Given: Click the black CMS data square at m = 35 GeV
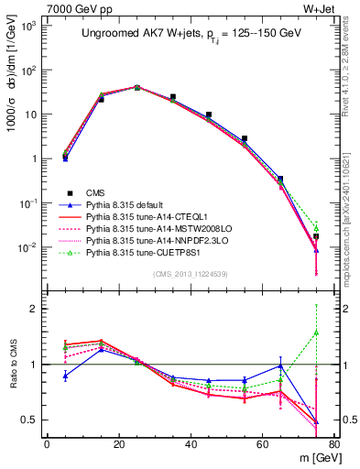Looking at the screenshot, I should coord(172,96).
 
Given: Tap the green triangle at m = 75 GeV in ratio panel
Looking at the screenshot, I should coord(316,333).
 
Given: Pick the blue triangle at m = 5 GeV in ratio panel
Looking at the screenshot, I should coord(65,376).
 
